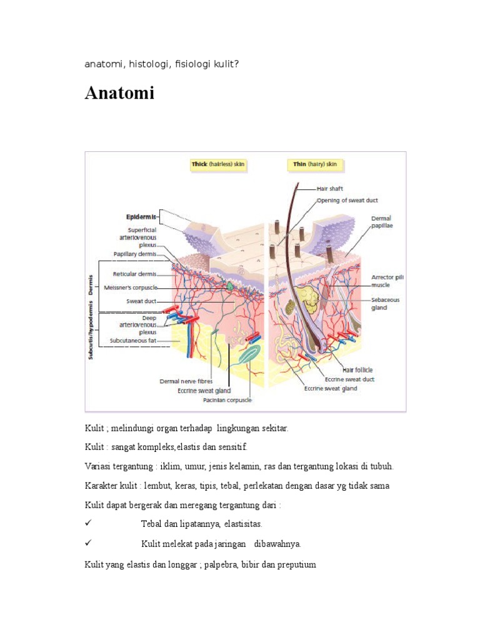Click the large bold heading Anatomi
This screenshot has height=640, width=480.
click(x=119, y=94)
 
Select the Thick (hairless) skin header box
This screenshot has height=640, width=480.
click(x=218, y=165)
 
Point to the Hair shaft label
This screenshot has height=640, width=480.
click(x=329, y=188)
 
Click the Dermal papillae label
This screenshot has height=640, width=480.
click(x=382, y=222)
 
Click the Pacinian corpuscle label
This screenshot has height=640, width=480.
click(x=227, y=400)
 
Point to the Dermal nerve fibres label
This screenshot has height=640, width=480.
click(x=186, y=381)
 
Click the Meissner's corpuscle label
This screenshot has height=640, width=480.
click(x=135, y=287)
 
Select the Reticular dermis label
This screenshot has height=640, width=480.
click(x=135, y=274)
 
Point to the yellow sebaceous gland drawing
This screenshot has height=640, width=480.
click(x=307, y=301)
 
